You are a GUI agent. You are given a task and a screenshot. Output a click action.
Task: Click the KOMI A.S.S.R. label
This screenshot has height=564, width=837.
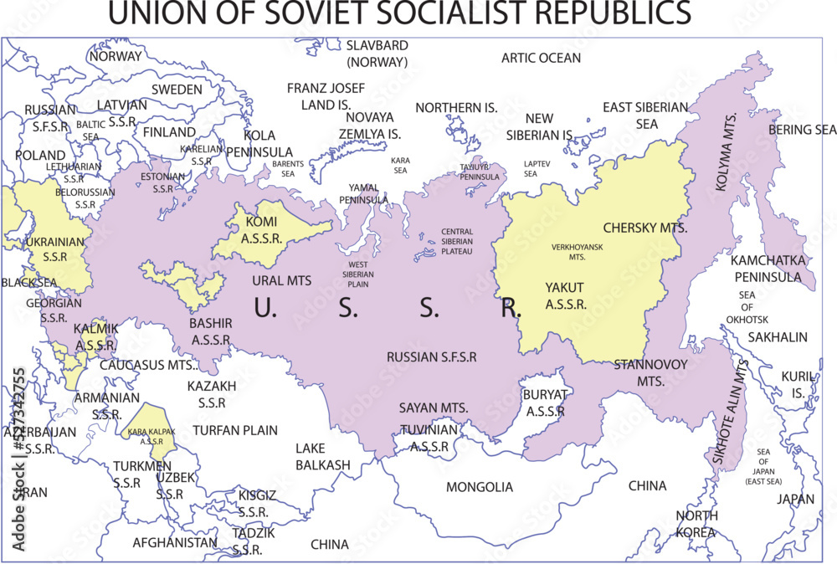(264, 228)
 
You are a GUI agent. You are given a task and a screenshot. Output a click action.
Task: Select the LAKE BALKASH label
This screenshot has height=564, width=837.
(322, 457)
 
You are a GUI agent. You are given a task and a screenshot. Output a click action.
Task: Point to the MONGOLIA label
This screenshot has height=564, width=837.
(479, 487)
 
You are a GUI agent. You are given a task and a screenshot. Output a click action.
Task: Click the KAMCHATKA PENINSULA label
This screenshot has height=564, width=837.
(768, 269)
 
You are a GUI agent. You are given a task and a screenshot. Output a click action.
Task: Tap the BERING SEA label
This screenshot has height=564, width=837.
(802, 130)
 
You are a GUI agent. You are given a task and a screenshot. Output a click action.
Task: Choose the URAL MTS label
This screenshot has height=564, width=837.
(281, 281)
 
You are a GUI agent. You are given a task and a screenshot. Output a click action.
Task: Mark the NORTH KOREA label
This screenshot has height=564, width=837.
(696, 524)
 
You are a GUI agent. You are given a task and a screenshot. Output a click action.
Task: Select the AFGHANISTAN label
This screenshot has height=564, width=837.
(175, 542)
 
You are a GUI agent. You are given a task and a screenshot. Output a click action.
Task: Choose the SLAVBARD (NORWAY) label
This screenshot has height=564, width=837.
(377, 53)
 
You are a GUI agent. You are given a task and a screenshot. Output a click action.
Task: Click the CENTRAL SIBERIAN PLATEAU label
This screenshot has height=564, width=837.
(457, 241)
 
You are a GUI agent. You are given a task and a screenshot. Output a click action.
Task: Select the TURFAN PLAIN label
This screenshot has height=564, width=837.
(234, 430)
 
